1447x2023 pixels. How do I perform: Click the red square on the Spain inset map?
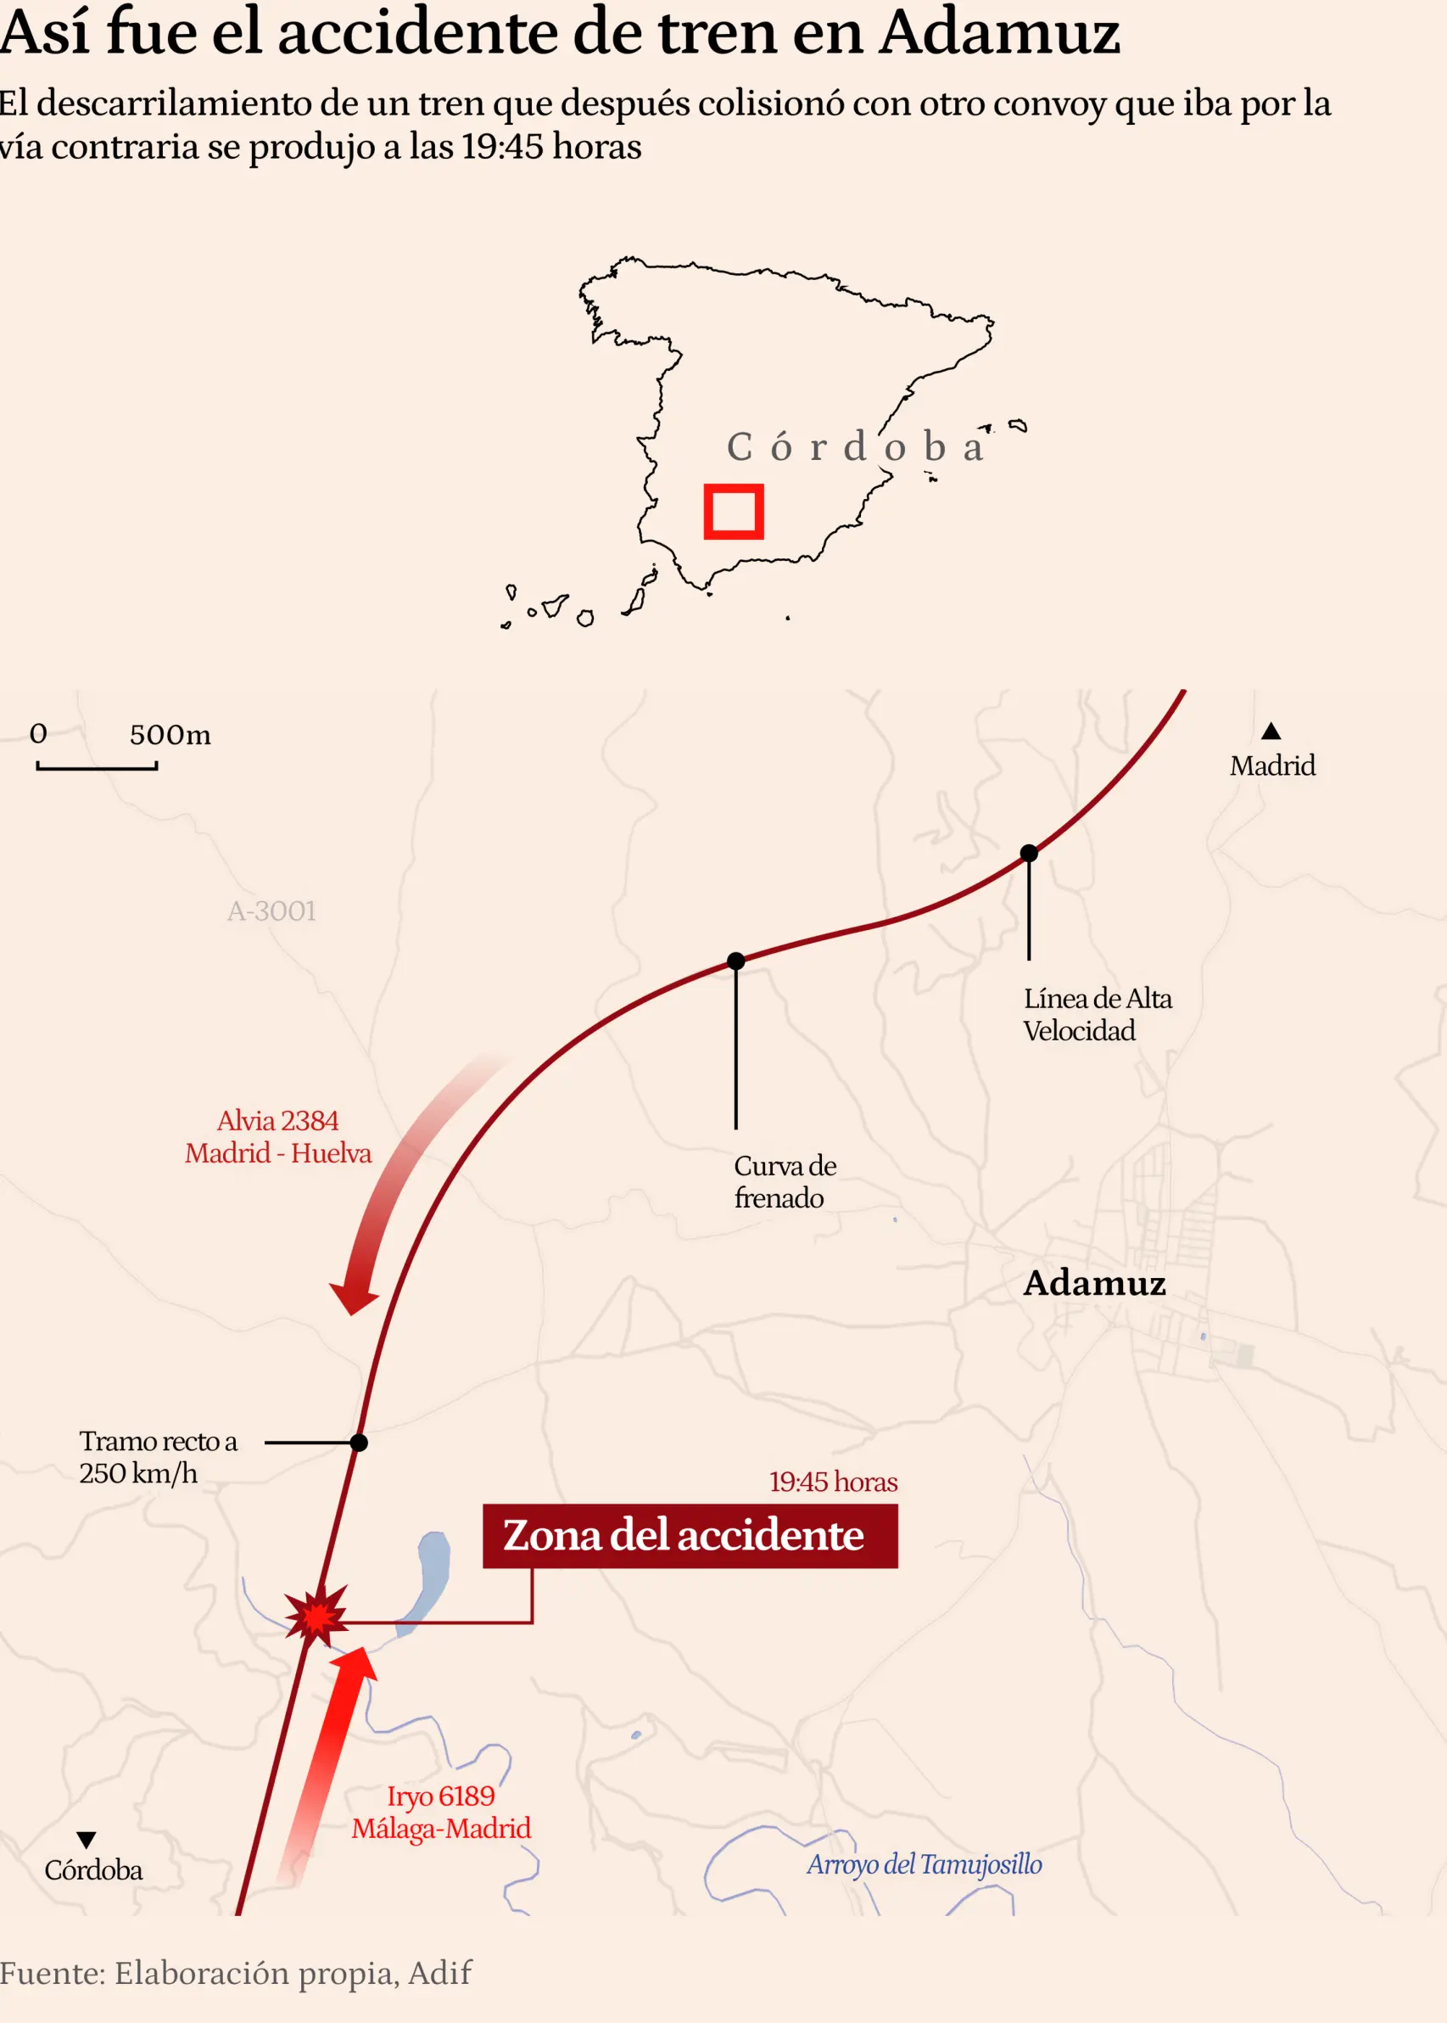tap(734, 512)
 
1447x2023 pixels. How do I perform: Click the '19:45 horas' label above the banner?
tap(833, 1481)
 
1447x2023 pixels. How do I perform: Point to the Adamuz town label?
tap(1094, 1283)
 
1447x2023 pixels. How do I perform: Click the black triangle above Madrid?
tap(1271, 731)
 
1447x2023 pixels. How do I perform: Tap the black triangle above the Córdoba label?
tap(87, 1840)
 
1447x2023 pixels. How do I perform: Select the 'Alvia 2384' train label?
tap(278, 1120)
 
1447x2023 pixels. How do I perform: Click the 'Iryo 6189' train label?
tap(440, 1796)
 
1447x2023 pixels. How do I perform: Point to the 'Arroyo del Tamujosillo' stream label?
tap(924, 1864)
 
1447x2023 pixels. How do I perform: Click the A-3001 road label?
tap(271, 911)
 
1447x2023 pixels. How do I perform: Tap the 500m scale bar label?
tap(170, 735)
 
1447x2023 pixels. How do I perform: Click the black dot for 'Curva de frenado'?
tap(736, 961)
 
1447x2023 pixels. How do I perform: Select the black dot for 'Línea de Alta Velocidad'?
tap(1029, 853)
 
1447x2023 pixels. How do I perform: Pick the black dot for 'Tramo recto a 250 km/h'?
tap(359, 1442)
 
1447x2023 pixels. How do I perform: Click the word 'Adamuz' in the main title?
tap(999, 32)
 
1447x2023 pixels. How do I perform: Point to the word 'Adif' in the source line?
tap(439, 1973)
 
